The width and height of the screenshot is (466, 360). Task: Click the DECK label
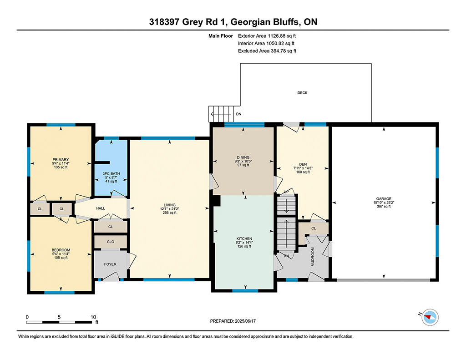tap(302, 93)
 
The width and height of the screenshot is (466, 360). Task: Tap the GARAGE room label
tap(384, 199)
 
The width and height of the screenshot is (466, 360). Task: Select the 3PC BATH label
tap(111, 173)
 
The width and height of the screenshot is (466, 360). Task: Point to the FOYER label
tap(110, 264)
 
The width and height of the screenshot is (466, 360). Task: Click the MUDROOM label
tap(313, 257)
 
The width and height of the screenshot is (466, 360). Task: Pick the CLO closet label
tap(111, 242)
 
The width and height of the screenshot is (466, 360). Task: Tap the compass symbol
tap(430, 317)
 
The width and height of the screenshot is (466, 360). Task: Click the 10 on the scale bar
tap(93, 317)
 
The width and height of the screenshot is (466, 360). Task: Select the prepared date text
tap(233, 321)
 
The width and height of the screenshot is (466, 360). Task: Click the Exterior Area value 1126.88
tap(276, 36)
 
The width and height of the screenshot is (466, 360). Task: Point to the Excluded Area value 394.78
tap(279, 51)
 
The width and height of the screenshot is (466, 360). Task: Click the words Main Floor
tap(221, 36)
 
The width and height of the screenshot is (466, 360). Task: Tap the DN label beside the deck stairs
tap(238, 114)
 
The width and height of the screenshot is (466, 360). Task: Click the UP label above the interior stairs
tap(286, 192)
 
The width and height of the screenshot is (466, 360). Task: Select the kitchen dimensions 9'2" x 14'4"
tap(244, 242)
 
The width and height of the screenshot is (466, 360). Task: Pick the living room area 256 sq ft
tap(169, 213)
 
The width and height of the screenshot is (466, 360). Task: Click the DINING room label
tap(243, 157)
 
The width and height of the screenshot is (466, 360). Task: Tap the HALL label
tap(101, 208)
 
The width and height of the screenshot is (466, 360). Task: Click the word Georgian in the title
tap(251, 22)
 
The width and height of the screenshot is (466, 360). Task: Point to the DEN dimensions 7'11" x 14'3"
tap(303, 168)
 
